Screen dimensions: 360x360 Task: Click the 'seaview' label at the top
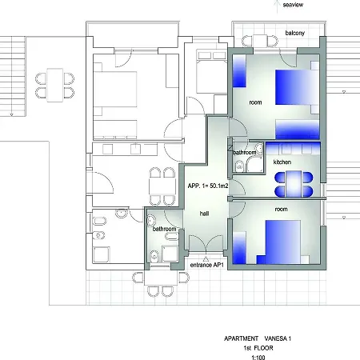pos(293,5)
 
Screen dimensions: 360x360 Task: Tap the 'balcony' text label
pos(295,33)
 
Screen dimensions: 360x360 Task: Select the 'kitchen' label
pos(282,162)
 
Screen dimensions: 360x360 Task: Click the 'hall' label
pos(204,214)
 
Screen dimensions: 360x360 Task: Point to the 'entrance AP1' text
pos(206,265)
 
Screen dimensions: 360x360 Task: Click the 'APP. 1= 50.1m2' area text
pos(208,186)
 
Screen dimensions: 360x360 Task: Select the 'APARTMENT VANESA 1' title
pos(258,338)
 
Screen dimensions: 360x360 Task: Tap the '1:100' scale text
pos(258,358)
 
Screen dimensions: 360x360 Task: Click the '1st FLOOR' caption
pos(258,348)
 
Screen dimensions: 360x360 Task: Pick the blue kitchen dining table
pos(294,184)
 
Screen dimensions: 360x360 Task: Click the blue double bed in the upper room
pos(297,87)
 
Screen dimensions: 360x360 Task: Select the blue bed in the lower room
pos(282,242)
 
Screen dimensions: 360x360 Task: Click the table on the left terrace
pos(55,85)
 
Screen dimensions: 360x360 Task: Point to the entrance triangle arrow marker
pos(206,258)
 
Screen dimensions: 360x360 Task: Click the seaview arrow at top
pos(278,6)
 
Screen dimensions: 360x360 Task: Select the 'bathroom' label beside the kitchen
pos(245,153)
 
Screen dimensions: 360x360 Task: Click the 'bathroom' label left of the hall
pos(164,229)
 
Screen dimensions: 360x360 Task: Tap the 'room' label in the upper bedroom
pos(255,102)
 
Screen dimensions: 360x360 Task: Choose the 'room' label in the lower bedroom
pos(281,210)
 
